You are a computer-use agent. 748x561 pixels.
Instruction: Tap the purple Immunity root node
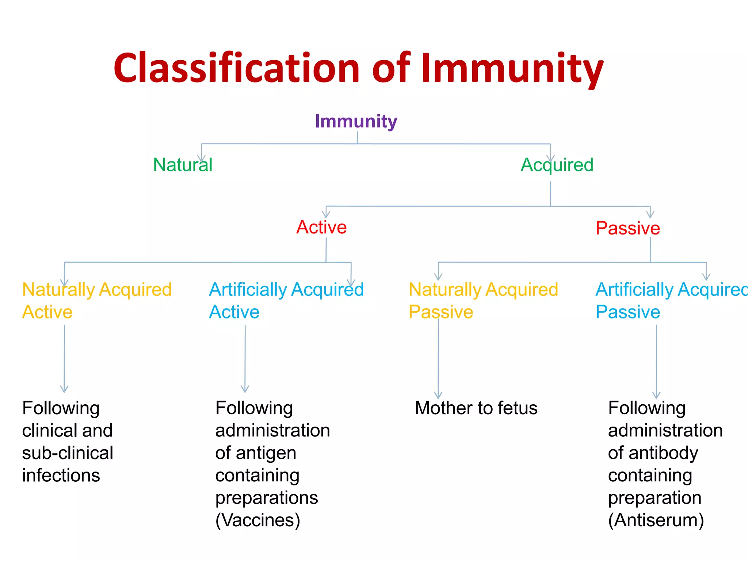356,121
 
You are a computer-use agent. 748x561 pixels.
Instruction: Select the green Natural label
183,165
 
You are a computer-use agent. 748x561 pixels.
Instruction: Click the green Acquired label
557,165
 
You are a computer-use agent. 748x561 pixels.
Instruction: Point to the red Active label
321,227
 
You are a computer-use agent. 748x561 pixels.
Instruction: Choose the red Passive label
627,228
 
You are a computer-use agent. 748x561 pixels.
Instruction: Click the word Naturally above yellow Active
58,290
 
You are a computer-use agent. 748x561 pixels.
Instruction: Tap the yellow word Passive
440,312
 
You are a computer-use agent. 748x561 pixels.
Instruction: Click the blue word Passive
627,312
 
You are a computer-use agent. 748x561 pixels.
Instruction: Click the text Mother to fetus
476,408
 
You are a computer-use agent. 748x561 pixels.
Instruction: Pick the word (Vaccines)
257,520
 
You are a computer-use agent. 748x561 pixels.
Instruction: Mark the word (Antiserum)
656,520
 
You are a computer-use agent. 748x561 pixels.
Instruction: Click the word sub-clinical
68,453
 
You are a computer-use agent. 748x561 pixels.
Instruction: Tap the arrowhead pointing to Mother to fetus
438,395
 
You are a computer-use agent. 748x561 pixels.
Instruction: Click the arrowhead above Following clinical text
64,389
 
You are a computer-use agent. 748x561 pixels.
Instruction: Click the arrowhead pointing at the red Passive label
650,214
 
